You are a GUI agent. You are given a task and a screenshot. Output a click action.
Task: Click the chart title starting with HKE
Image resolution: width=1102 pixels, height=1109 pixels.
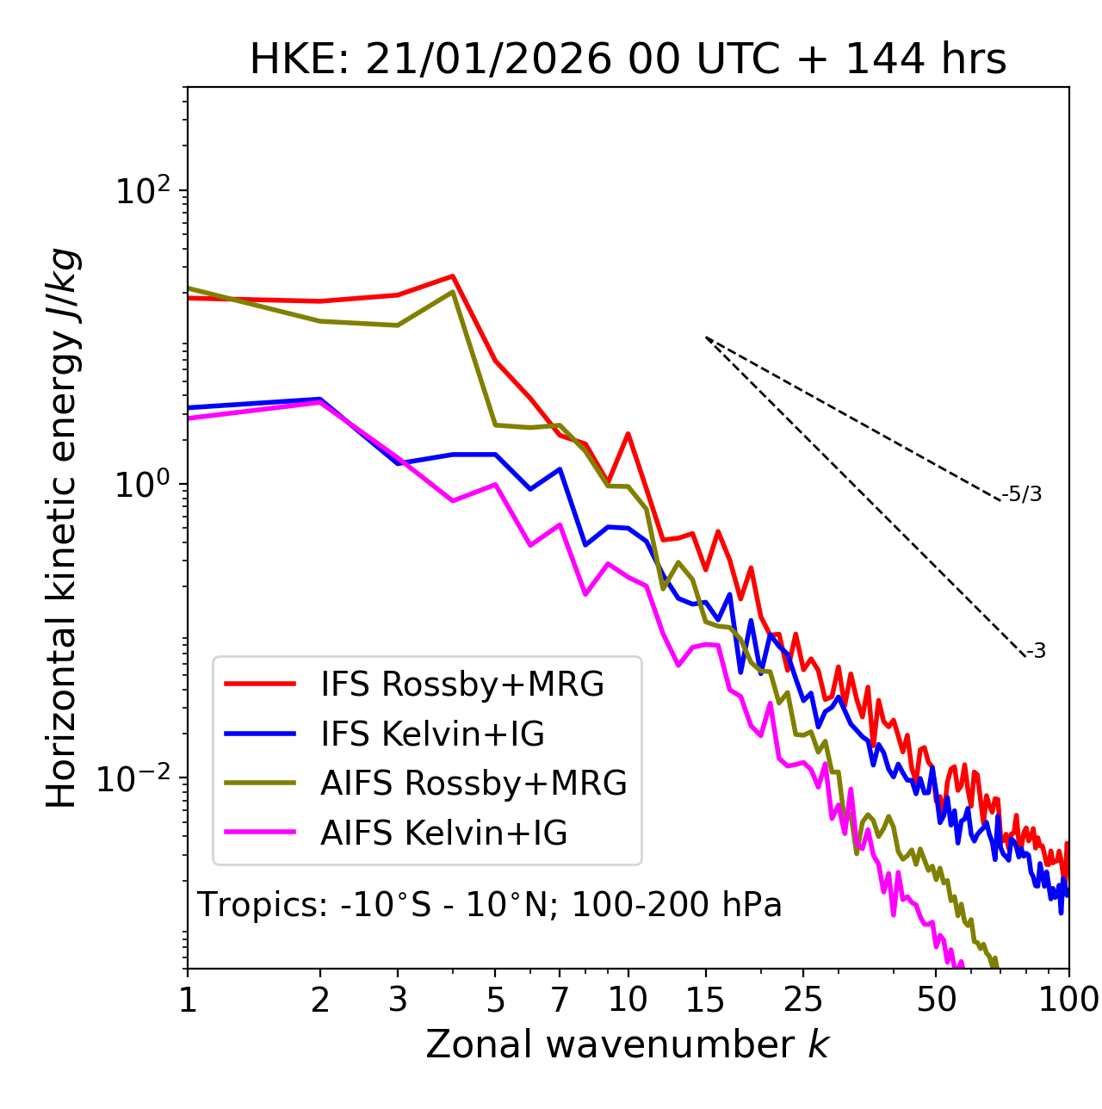click(628, 59)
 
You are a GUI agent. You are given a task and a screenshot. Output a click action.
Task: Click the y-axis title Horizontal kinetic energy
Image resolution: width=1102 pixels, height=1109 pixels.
click(63, 529)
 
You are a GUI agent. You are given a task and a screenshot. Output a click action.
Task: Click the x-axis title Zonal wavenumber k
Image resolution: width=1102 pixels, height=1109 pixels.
click(628, 1044)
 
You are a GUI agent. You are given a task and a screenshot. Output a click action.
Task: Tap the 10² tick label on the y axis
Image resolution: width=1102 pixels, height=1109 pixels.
click(144, 190)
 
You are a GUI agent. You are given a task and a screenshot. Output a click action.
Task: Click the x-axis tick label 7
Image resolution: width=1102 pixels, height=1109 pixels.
click(560, 1000)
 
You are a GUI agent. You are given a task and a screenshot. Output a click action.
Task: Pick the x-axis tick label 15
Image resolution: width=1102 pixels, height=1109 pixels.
click(705, 1000)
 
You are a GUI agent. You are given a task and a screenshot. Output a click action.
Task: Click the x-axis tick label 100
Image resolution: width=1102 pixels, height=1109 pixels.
click(1068, 1000)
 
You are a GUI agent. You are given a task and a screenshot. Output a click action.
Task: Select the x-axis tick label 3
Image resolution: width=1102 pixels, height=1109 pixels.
click(397, 1000)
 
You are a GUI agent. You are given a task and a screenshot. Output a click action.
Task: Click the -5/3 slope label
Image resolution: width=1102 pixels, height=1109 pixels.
click(1022, 494)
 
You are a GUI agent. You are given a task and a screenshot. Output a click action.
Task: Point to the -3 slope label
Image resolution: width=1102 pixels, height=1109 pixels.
click(1036, 652)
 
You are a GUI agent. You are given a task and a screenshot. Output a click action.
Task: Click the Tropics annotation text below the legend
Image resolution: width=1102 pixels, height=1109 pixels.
click(490, 905)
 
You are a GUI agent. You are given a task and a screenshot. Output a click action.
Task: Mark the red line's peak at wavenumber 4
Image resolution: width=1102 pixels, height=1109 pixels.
click(453, 276)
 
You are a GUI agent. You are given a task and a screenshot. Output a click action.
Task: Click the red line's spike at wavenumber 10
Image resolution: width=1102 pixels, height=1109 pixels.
click(628, 434)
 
